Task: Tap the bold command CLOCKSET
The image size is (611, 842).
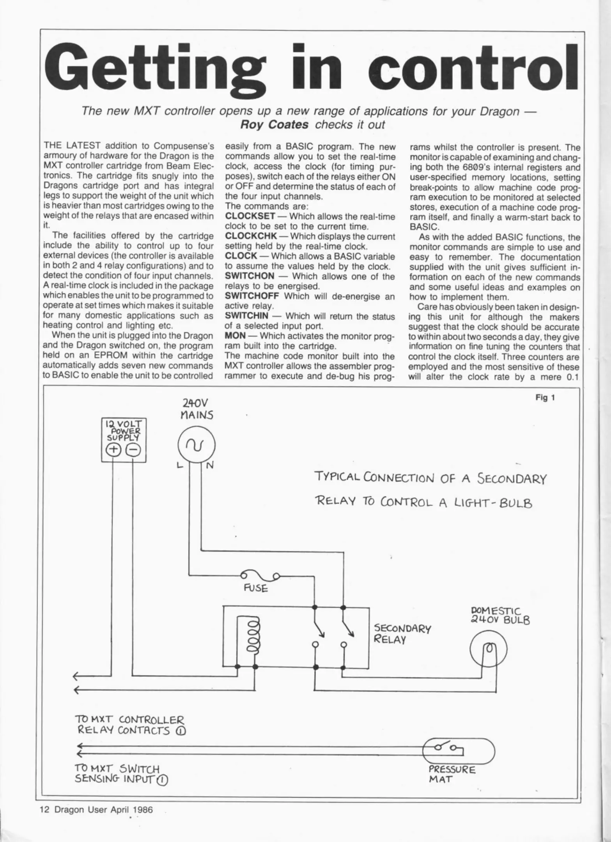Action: (x=250, y=216)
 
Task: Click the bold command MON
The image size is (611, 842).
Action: (x=235, y=336)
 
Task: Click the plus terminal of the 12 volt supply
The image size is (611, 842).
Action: (x=113, y=450)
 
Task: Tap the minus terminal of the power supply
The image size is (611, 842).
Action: (x=133, y=450)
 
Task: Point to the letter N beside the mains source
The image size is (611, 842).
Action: (x=210, y=465)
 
